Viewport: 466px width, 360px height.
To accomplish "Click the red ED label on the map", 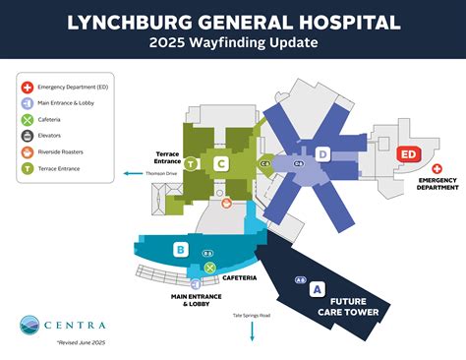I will [407, 154].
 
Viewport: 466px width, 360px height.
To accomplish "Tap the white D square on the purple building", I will [320, 154].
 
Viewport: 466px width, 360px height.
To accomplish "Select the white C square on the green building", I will [222, 163].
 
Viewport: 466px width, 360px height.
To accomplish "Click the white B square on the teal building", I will [180, 250].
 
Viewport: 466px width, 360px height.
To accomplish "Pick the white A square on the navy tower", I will [316, 289].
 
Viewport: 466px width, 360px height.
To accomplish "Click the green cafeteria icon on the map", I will [209, 267].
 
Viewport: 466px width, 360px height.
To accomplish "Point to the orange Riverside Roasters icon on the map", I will [227, 203].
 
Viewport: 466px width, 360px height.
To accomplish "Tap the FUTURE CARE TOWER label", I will [356, 307].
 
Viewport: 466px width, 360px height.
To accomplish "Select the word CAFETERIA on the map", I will [241, 278].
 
